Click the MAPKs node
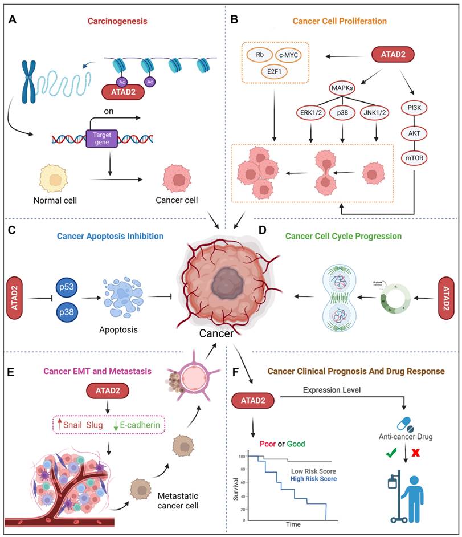tap(344, 88)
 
